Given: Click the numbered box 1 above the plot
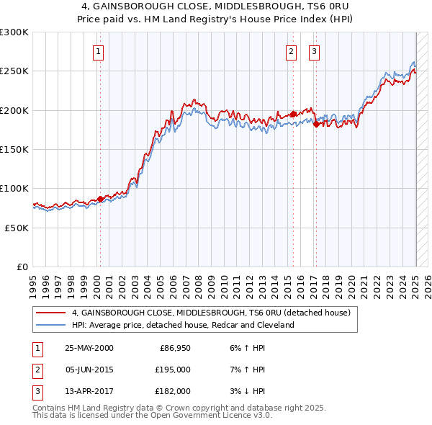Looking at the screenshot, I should click(98, 51).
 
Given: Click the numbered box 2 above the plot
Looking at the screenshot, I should click(291, 51).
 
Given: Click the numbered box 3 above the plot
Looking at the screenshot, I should click(315, 51).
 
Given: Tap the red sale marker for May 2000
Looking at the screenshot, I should click(100, 199).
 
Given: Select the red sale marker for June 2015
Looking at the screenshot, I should click(293, 114).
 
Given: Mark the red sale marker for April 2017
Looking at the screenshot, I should click(317, 124).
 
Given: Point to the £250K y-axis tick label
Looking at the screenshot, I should click(14, 71).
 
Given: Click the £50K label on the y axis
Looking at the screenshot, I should click(17, 228).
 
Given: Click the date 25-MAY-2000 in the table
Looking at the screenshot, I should click(89, 348).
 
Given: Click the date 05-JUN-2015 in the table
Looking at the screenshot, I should click(89, 370).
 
